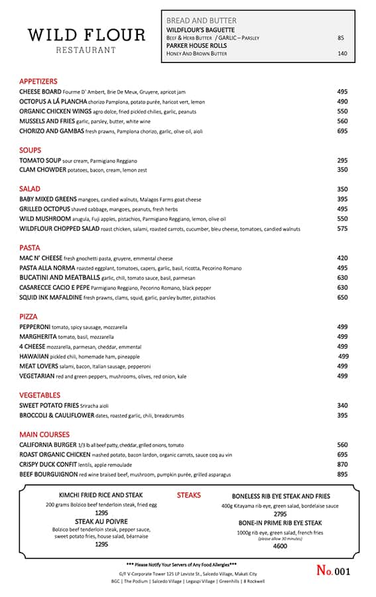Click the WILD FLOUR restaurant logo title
tap(86, 34)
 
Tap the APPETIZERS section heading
tap(38, 81)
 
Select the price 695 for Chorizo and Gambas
tap(342, 131)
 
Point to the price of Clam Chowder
tap(342, 170)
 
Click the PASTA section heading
tap(31, 247)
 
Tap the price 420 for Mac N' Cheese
tap(342, 258)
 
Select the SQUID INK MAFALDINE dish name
tap(50, 298)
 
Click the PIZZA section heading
tap(29, 316)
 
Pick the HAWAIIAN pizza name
tap(36, 356)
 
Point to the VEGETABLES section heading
tap(40, 395)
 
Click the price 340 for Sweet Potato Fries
tap(342, 405)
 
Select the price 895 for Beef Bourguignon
tap(342, 474)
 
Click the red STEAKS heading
tap(189, 496)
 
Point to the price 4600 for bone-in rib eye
tap(280, 546)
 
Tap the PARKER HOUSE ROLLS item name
tap(196, 46)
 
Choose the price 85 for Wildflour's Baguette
tap(341, 38)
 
